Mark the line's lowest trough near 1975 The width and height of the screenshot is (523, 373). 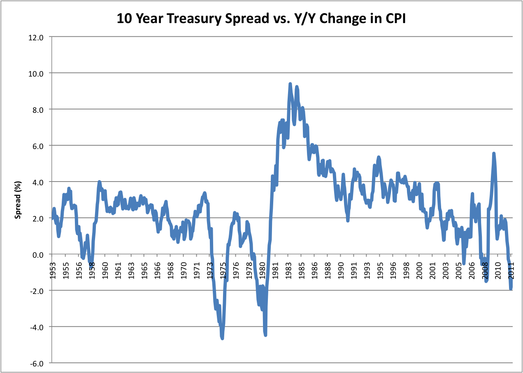click(222, 338)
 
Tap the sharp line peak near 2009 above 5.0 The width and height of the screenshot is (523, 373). click(494, 154)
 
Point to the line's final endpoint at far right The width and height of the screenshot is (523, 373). click(511, 289)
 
